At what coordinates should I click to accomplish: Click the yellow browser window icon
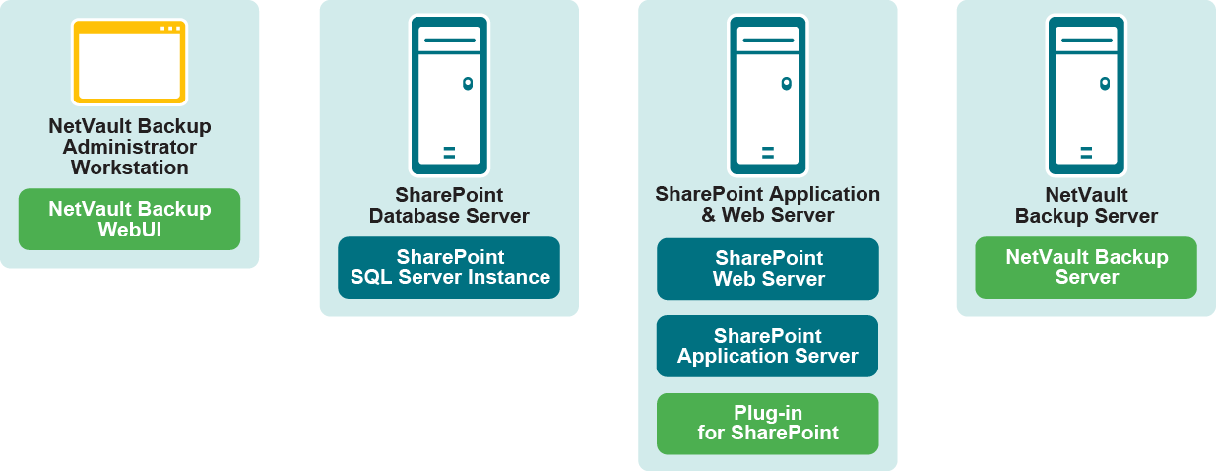pyautogui.click(x=129, y=62)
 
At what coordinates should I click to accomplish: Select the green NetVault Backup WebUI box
pyautogui.click(x=129, y=219)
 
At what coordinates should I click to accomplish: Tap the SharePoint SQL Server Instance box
pyautogui.click(x=449, y=267)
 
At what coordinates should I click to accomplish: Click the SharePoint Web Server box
pyautogui.click(x=768, y=269)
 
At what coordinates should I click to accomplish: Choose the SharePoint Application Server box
pyautogui.click(x=768, y=346)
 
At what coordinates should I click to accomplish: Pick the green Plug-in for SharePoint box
pyautogui.click(x=768, y=423)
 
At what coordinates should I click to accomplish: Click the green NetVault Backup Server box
pyautogui.click(x=1086, y=267)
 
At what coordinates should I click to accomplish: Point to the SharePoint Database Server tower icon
pyautogui.click(x=449, y=96)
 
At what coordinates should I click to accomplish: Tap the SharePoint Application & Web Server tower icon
pyautogui.click(x=768, y=96)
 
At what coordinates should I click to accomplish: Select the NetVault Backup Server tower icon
pyautogui.click(x=1086, y=96)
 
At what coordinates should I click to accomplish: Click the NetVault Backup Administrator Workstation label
pyautogui.click(x=129, y=147)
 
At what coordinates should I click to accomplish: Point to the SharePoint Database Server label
pyautogui.click(x=449, y=205)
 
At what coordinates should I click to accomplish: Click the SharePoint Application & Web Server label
pyautogui.click(x=768, y=204)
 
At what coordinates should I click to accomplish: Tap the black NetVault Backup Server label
pyautogui.click(x=1086, y=205)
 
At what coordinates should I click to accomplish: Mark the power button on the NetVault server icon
pyautogui.click(x=1104, y=84)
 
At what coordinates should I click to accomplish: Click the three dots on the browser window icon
pyautogui.click(x=169, y=28)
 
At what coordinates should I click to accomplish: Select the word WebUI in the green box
pyautogui.click(x=129, y=229)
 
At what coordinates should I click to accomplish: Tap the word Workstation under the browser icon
pyautogui.click(x=129, y=168)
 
